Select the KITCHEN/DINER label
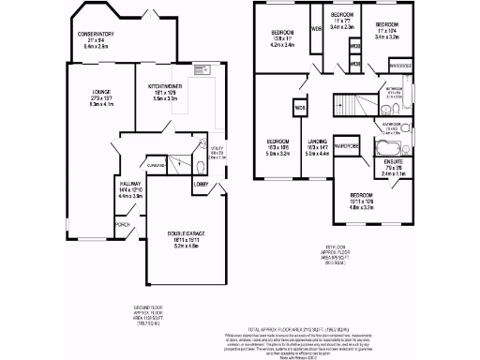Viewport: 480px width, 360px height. (164, 85)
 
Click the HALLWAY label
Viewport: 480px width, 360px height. (129, 184)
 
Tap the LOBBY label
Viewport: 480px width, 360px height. (201, 185)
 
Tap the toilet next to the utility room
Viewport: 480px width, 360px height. (202, 166)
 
